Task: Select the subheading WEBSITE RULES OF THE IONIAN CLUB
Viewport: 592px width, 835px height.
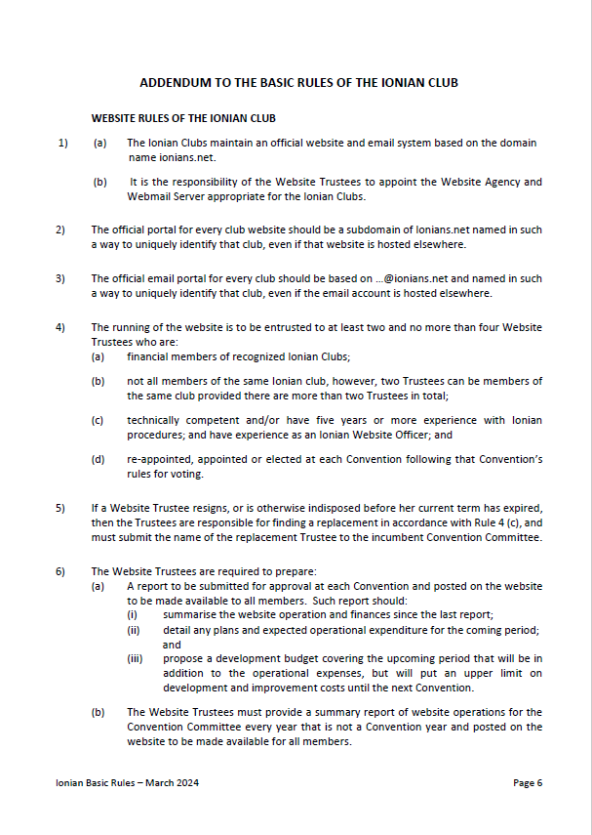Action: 183,118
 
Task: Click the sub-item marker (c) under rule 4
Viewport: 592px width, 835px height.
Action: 99,421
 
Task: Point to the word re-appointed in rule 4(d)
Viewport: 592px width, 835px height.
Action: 158,459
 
